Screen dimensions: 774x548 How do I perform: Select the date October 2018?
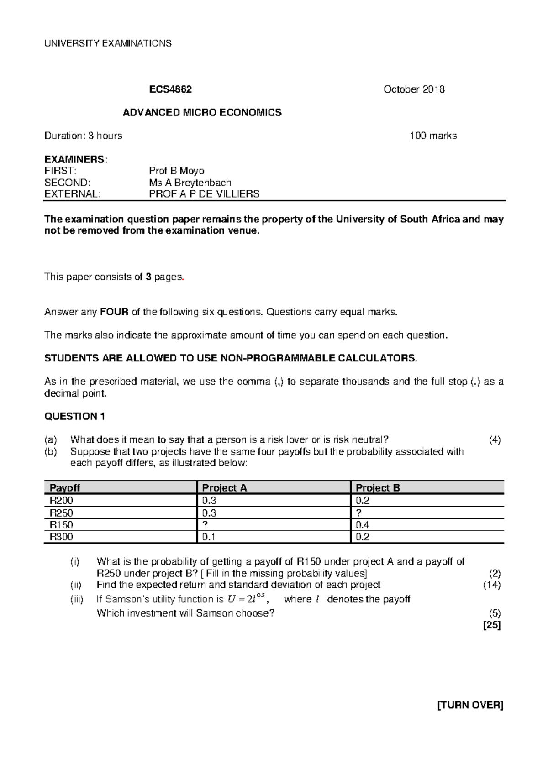(x=414, y=89)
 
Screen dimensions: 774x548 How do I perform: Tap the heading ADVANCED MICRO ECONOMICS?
(x=202, y=112)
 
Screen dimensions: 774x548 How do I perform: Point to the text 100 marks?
(x=433, y=136)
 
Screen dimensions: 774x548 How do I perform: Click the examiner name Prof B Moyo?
(x=176, y=171)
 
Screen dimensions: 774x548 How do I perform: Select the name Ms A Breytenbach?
(x=190, y=183)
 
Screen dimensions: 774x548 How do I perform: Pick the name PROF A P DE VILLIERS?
(x=204, y=194)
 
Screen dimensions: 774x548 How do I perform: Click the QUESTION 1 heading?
(x=74, y=416)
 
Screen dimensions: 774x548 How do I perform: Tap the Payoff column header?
(x=65, y=488)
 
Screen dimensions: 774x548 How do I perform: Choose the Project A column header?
(x=224, y=488)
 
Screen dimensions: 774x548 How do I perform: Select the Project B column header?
(x=378, y=488)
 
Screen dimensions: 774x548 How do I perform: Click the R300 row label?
(x=61, y=537)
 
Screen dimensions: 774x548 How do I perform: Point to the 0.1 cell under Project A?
(x=209, y=537)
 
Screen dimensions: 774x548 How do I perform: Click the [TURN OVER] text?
(x=470, y=718)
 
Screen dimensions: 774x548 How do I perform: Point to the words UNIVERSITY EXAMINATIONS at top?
(x=108, y=43)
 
